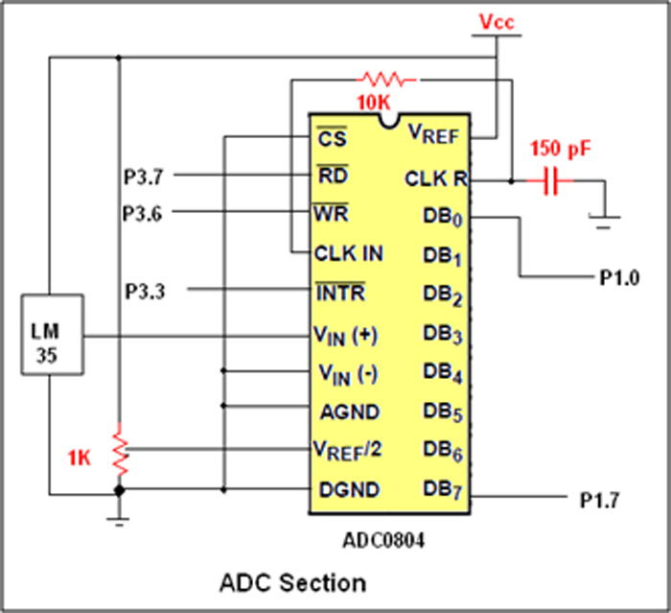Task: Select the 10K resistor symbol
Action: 387,79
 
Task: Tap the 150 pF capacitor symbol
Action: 550,179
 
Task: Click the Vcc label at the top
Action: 497,20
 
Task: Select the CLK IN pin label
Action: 349,254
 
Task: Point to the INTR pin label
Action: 339,292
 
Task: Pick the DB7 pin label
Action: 443,491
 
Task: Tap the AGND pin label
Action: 350,412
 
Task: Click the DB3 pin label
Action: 443,336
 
